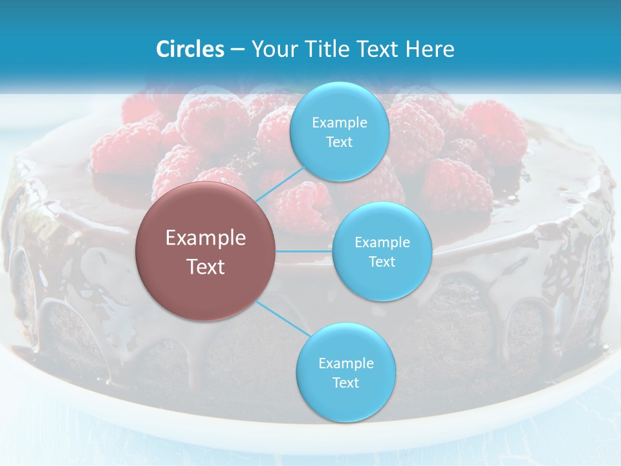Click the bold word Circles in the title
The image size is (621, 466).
[190, 49]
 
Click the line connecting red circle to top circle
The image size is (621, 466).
[279, 182]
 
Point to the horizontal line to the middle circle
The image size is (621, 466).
[304, 251]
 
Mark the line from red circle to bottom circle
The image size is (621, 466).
[282, 318]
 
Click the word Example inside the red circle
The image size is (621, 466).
[206, 238]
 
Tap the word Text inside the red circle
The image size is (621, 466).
[206, 267]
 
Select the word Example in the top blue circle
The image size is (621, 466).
[339, 122]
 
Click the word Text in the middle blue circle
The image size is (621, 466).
[382, 261]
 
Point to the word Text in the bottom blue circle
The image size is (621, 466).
[345, 383]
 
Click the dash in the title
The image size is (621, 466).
[237, 49]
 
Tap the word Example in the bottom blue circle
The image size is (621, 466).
[345, 363]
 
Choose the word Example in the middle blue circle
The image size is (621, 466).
[382, 242]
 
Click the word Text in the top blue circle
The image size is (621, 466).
[339, 142]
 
